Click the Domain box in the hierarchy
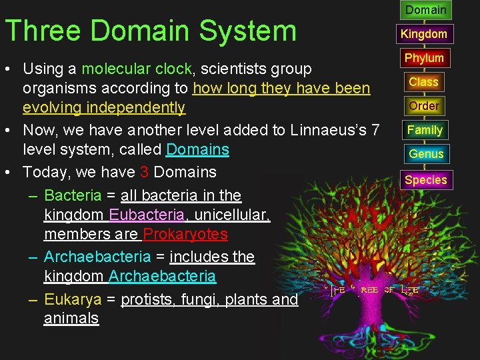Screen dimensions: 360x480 coord(425,10)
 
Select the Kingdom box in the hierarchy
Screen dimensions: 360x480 coord(423,34)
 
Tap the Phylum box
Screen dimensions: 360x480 coord(424,58)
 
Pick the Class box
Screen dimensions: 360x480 coord(423,82)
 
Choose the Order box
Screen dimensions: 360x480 coord(424,106)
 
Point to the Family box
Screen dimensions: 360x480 coord(425,130)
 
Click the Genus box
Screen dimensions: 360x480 coord(425,154)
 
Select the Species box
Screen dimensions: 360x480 coord(425,180)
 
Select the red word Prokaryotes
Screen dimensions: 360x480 coord(185,235)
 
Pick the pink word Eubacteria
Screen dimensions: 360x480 coord(147,215)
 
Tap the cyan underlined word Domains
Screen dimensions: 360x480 coord(197,150)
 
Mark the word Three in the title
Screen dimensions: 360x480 coord(43,31)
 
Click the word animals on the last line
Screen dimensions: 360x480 coord(71,319)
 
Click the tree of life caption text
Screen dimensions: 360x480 coord(373,291)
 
